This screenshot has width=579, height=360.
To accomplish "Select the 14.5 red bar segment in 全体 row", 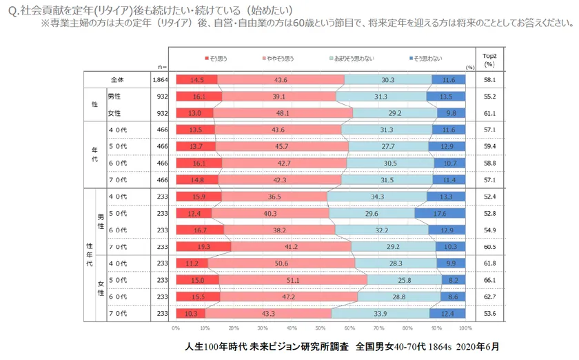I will pyautogui.click(x=196, y=80).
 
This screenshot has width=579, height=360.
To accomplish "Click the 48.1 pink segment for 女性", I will pyautogui.click(x=283, y=113).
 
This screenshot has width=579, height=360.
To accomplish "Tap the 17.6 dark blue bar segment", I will pyautogui.click(x=440, y=214).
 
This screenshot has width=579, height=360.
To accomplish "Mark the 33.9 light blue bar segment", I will pyautogui.click(x=380, y=314).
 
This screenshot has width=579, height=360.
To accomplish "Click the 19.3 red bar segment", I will pyautogui.click(x=203, y=247).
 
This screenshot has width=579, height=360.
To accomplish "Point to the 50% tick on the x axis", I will pyautogui.click(x=321, y=328).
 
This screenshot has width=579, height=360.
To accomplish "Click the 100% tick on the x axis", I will pyautogui.click(x=465, y=328).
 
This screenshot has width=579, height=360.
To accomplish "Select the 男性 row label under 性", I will pyautogui.click(x=114, y=97).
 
